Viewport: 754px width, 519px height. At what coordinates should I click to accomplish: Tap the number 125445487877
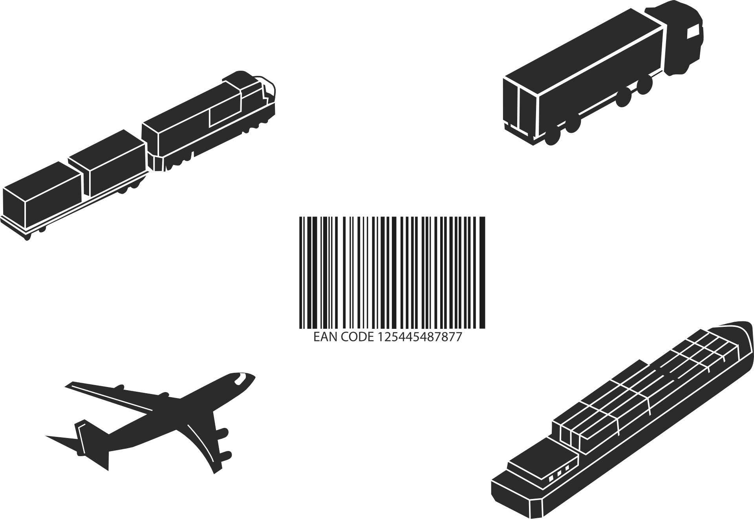coord(420,337)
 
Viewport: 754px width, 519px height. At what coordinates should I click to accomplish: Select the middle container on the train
coord(107,163)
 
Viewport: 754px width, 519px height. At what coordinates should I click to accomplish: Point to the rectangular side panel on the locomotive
coord(224,110)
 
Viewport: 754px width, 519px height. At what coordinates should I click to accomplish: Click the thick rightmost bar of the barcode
coord(483,272)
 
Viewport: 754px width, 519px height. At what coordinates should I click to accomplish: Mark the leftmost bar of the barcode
coord(300,272)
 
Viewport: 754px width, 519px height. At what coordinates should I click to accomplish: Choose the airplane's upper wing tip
coord(70,384)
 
